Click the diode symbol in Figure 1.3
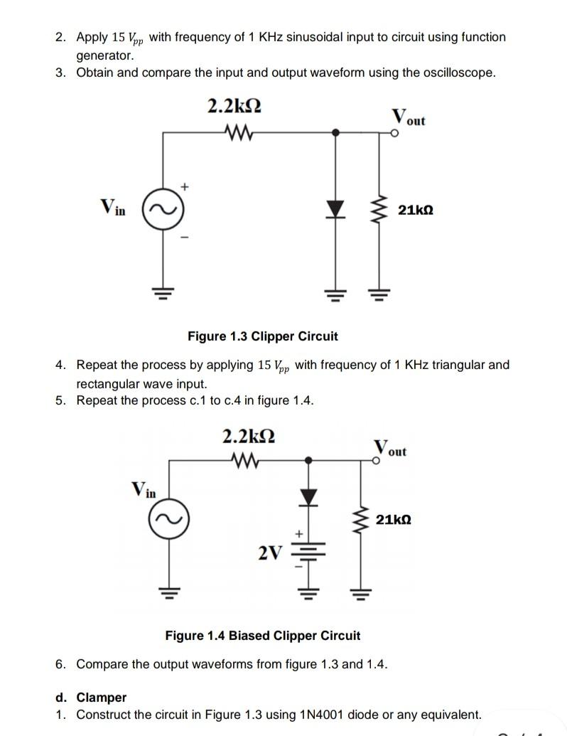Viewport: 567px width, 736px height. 335,209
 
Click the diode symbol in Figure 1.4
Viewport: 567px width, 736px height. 308,496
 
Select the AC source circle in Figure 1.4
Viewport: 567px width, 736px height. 169,521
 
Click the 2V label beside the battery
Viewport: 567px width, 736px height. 270,553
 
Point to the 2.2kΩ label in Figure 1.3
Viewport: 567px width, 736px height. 234,106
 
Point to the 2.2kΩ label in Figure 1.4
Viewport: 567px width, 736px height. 249,436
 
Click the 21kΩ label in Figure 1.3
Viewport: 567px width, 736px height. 416,210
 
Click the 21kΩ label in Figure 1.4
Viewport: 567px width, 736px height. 393,520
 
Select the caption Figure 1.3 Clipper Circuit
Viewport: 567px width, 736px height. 262,336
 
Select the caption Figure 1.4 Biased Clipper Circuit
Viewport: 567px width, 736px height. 262,635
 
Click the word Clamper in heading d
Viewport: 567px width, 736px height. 101,697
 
